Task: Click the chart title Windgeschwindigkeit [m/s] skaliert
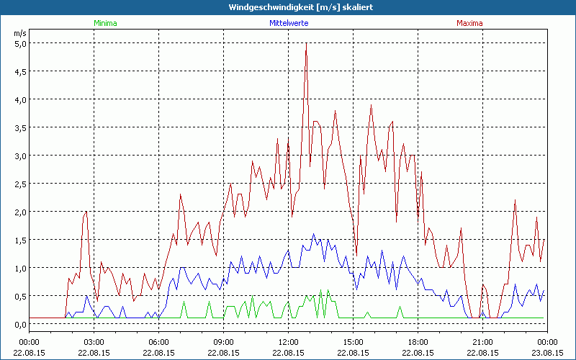click(x=288, y=7)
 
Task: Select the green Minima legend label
click(x=104, y=23)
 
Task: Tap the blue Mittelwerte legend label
click(x=288, y=23)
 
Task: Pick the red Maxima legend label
click(x=469, y=23)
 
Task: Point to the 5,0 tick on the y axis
click(x=20, y=43)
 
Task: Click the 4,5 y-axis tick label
click(x=20, y=71)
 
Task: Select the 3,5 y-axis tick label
click(x=20, y=127)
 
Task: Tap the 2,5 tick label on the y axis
click(x=20, y=184)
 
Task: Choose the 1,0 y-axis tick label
click(x=20, y=268)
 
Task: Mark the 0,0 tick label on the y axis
click(x=20, y=324)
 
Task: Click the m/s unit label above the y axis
click(x=19, y=33)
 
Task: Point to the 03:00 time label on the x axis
click(x=94, y=342)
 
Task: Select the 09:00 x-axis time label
click(x=223, y=342)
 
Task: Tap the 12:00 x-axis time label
click(x=288, y=342)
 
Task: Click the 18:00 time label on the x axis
click(x=418, y=342)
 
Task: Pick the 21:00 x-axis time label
click(x=482, y=342)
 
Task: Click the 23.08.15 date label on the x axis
click(x=547, y=352)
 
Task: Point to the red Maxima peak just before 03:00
click(x=86, y=212)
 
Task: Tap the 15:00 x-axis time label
click(x=353, y=342)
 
